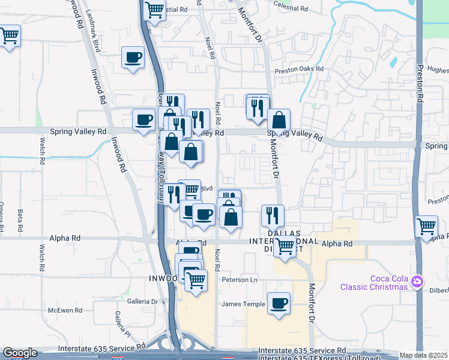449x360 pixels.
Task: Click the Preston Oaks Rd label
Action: pos(299,70)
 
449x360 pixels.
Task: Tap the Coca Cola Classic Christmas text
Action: pos(373,283)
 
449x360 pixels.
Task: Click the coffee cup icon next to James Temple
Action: pos(279,304)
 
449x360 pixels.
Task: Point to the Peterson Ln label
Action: pos(239,280)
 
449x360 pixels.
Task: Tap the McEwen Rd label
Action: pos(65,310)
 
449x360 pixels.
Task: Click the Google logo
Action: pos(20,353)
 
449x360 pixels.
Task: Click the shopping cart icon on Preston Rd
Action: pos(426,227)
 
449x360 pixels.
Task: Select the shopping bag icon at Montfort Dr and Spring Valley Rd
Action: pos(279,120)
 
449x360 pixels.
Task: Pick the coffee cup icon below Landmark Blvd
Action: pos(133,58)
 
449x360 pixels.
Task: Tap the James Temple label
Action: pos(243,304)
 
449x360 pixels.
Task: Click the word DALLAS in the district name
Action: pos(283,233)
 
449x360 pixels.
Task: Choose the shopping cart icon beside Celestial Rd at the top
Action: pos(155,10)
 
